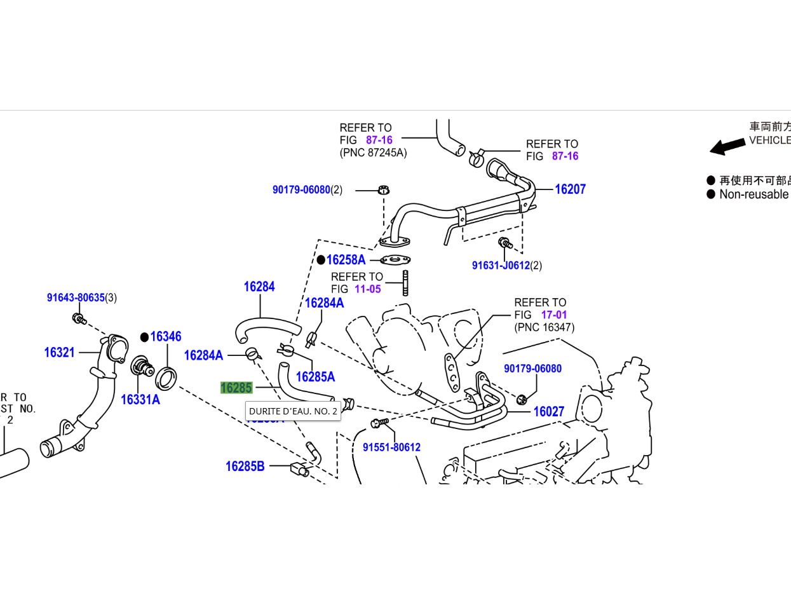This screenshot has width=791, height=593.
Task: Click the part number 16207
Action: coord(570,189)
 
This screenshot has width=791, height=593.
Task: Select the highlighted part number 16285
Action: coord(236,388)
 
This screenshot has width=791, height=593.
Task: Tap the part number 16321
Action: coord(59,352)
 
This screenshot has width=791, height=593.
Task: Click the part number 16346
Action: coord(166,336)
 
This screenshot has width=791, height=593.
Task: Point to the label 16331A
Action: coord(140,400)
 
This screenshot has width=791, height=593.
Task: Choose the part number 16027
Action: coord(548,411)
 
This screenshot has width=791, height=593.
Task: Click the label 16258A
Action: coord(346,259)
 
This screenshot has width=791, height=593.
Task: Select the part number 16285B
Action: coord(245,467)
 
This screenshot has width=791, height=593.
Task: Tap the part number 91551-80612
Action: coord(391,447)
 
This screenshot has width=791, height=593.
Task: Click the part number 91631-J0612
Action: coord(501,265)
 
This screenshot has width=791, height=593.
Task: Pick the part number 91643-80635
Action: coord(76,297)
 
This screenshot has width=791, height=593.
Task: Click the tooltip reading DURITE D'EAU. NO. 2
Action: coord(293,411)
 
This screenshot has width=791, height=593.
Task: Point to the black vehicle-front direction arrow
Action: coord(727,146)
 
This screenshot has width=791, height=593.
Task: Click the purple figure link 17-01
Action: coord(554,315)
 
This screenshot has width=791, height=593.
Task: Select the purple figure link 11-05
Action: coord(368,289)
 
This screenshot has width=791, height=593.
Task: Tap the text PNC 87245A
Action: coord(373,153)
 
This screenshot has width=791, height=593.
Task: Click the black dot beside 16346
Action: coord(144,337)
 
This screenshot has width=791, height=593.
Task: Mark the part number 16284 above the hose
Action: coord(259,287)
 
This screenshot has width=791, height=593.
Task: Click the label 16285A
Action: coord(315,377)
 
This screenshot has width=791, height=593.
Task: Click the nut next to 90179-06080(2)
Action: coord(383,189)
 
